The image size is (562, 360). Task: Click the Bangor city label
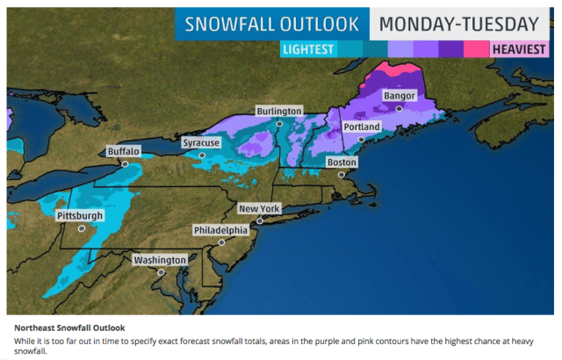[399, 96]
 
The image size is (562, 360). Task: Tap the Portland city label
[362, 127]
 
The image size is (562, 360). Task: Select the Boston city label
[342, 162]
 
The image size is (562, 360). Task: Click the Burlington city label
[279, 112]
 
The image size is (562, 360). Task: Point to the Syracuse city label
[201, 142]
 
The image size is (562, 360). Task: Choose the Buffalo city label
[123, 151]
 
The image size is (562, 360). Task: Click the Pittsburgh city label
[79, 215]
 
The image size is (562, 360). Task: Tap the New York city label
[260, 209]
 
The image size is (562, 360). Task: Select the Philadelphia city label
[220, 230]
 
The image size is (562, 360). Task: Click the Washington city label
[159, 260]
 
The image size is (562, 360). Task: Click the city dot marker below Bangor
[399, 108]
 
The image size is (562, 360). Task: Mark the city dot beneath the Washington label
[161, 272]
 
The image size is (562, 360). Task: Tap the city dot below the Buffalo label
[125, 163]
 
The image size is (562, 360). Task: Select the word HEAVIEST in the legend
[523, 51]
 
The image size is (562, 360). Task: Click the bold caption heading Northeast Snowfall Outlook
[70, 327]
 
